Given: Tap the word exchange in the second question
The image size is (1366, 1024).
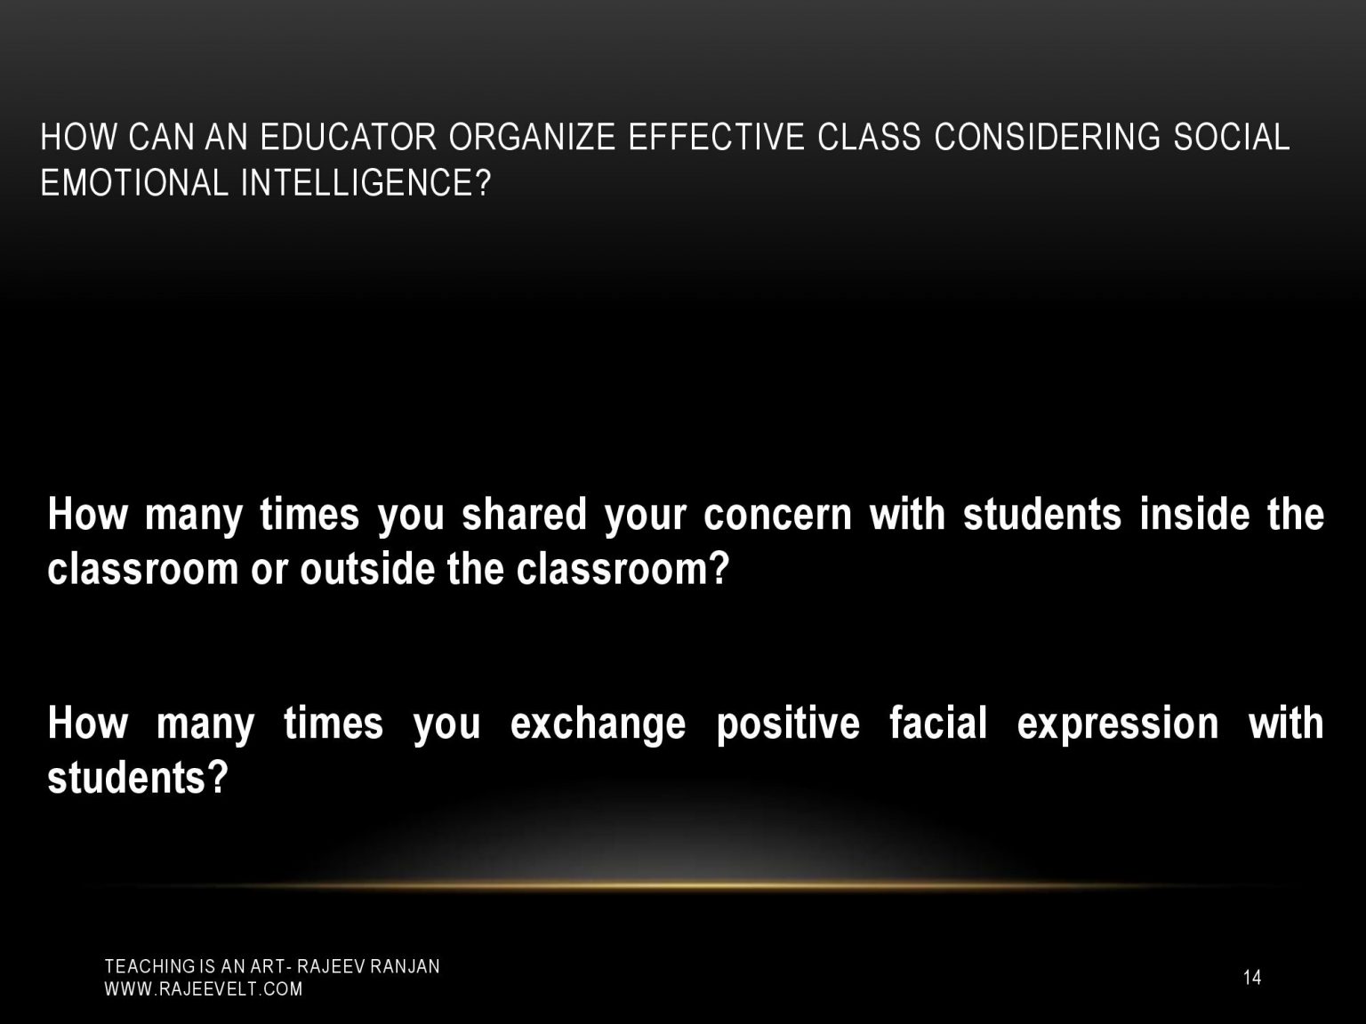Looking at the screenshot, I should pos(598,724).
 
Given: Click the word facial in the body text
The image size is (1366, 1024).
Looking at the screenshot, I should pos(938,724).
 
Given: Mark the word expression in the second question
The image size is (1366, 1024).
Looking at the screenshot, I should pos(1118,724).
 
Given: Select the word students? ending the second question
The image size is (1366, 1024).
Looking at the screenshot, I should pos(138,779).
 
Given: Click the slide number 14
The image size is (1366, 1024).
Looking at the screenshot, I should pos(1251,979).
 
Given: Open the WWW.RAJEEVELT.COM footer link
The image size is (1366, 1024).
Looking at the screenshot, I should pos(204,989).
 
